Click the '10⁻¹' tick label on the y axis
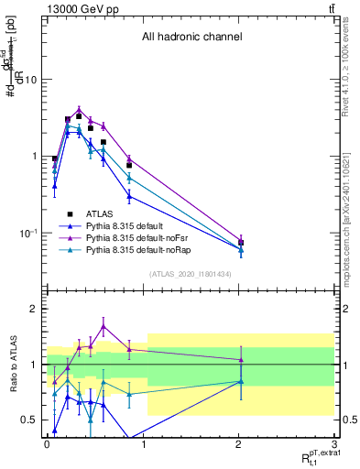pos(30,234)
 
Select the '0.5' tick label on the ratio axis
pos(31,420)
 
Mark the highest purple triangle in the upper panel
pos(80,110)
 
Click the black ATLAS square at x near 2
pos(241,243)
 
